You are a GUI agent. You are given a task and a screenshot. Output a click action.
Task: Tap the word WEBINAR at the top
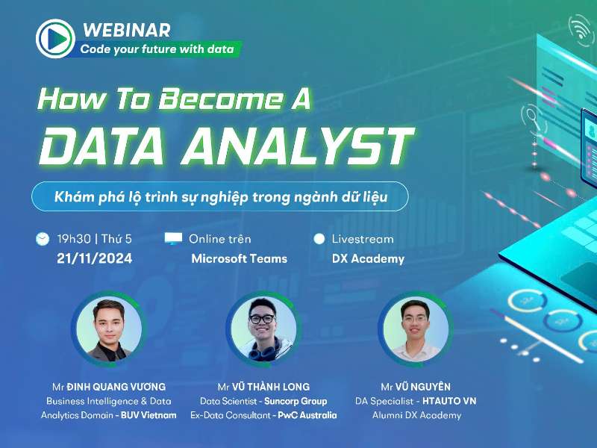(x=127, y=30)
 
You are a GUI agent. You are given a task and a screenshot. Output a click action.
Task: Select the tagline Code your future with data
(x=157, y=50)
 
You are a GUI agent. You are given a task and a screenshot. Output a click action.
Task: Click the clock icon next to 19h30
(x=43, y=239)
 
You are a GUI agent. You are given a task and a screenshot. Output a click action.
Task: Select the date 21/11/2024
(x=94, y=258)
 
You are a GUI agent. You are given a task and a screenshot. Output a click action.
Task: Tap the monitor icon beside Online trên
(x=173, y=239)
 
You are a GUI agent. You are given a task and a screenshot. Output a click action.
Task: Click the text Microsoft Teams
(x=239, y=258)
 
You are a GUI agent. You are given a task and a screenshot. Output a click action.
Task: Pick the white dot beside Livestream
(x=319, y=239)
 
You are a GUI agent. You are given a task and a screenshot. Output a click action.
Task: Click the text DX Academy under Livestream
(x=368, y=258)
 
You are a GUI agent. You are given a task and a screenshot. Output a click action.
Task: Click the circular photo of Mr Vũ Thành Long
(x=263, y=328)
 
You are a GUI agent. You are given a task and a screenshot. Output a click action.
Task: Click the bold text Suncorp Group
(x=296, y=401)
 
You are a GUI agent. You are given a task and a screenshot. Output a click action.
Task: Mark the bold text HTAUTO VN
(x=448, y=401)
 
